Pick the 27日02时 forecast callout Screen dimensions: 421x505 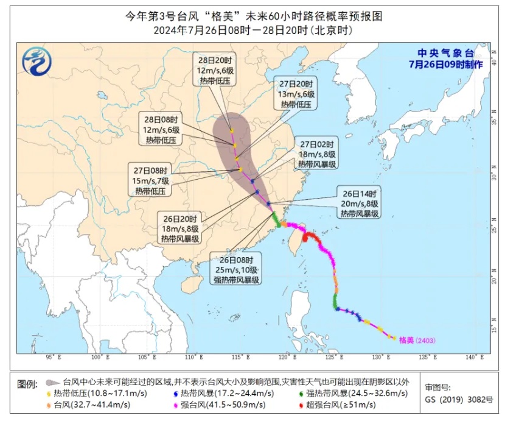pos(317,154)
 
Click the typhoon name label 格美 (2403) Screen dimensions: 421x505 pos(417,341)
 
